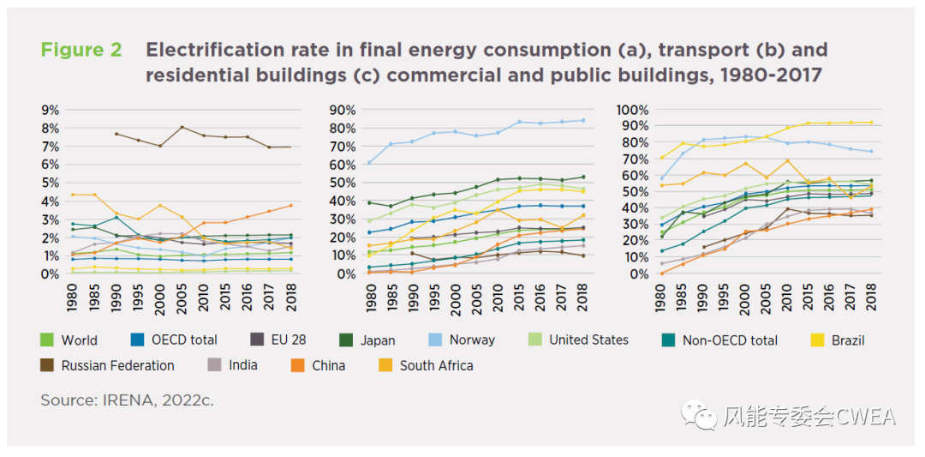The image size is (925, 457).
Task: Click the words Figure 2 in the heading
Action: pyautogui.click(x=81, y=50)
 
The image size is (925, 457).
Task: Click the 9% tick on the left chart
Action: pyautogui.click(x=49, y=110)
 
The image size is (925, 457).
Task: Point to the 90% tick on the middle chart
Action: pyautogui.click(x=341, y=110)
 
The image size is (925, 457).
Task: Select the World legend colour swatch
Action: pyautogui.click(x=48, y=340)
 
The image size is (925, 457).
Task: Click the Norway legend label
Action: pyautogui.click(x=472, y=340)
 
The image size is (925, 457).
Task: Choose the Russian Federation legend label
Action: pyautogui.click(x=117, y=365)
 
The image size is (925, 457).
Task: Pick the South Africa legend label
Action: pyautogui.click(x=436, y=365)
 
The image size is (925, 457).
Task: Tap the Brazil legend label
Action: pyautogui.click(x=847, y=340)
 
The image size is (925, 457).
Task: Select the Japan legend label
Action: pyautogui.click(x=378, y=340)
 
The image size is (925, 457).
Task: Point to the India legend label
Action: pyautogui.click(x=242, y=365)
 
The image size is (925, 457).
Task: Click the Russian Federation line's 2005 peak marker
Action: pyautogui.click(x=182, y=127)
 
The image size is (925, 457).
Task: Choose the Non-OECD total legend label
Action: pyautogui.click(x=730, y=340)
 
